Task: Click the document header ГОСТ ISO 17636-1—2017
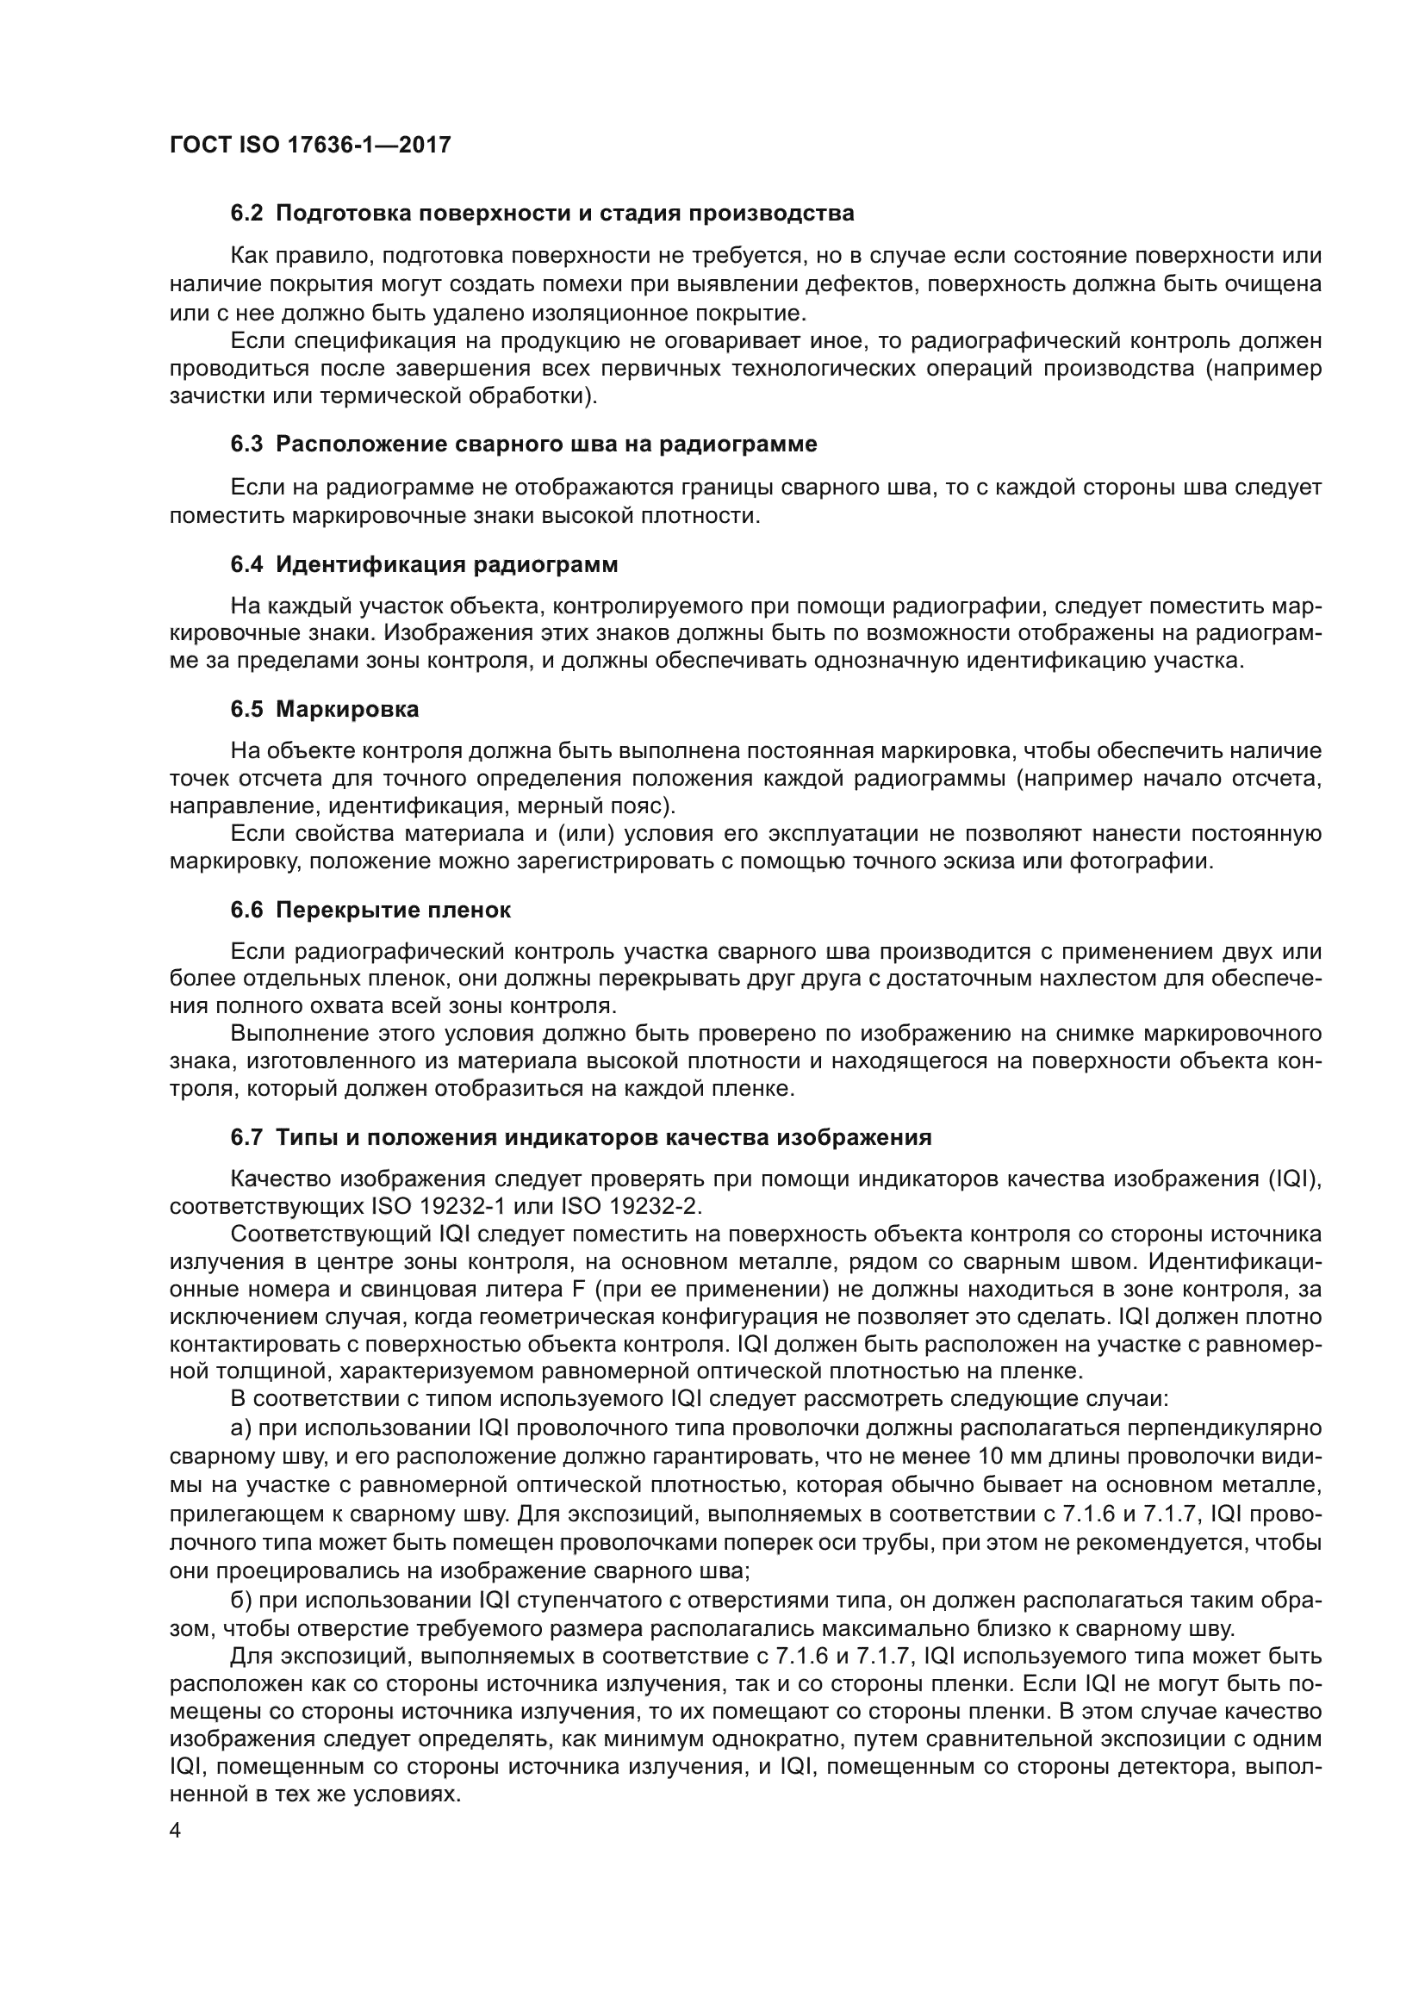[310, 145]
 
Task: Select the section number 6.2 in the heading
[246, 214]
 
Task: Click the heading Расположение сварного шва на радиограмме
[545, 444]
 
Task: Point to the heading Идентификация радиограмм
[446, 564]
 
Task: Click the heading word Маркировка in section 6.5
[347, 709]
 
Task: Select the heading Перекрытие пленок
[393, 910]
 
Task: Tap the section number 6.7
[246, 1137]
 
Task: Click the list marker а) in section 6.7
[240, 1428]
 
